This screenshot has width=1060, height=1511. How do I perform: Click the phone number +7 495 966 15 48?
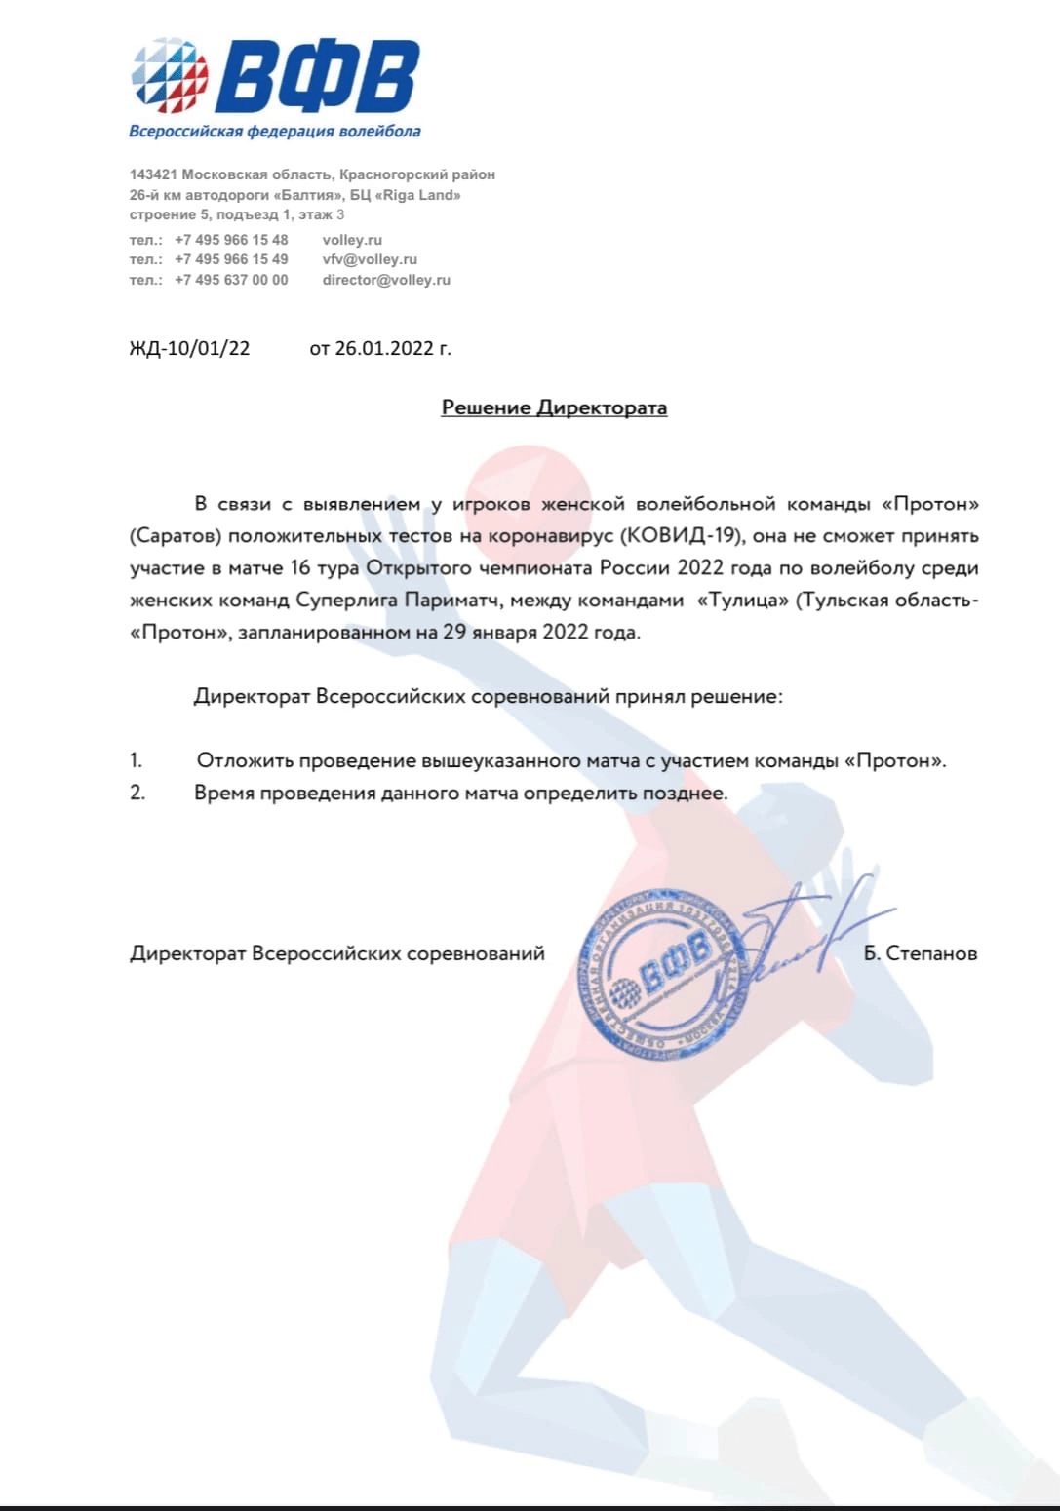click(x=231, y=240)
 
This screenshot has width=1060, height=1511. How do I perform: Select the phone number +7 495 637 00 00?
click(x=231, y=280)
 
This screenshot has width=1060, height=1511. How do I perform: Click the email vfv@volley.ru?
click(x=370, y=259)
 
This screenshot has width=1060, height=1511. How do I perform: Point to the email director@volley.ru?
click(x=386, y=280)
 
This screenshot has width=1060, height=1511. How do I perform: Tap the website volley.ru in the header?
click(x=352, y=240)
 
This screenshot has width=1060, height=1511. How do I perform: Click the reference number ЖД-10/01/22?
click(x=189, y=348)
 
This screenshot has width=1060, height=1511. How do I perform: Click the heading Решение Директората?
click(x=554, y=407)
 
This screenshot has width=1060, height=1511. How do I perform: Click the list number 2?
click(x=137, y=793)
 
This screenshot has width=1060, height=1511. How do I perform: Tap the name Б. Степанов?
click(x=920, y=953)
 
